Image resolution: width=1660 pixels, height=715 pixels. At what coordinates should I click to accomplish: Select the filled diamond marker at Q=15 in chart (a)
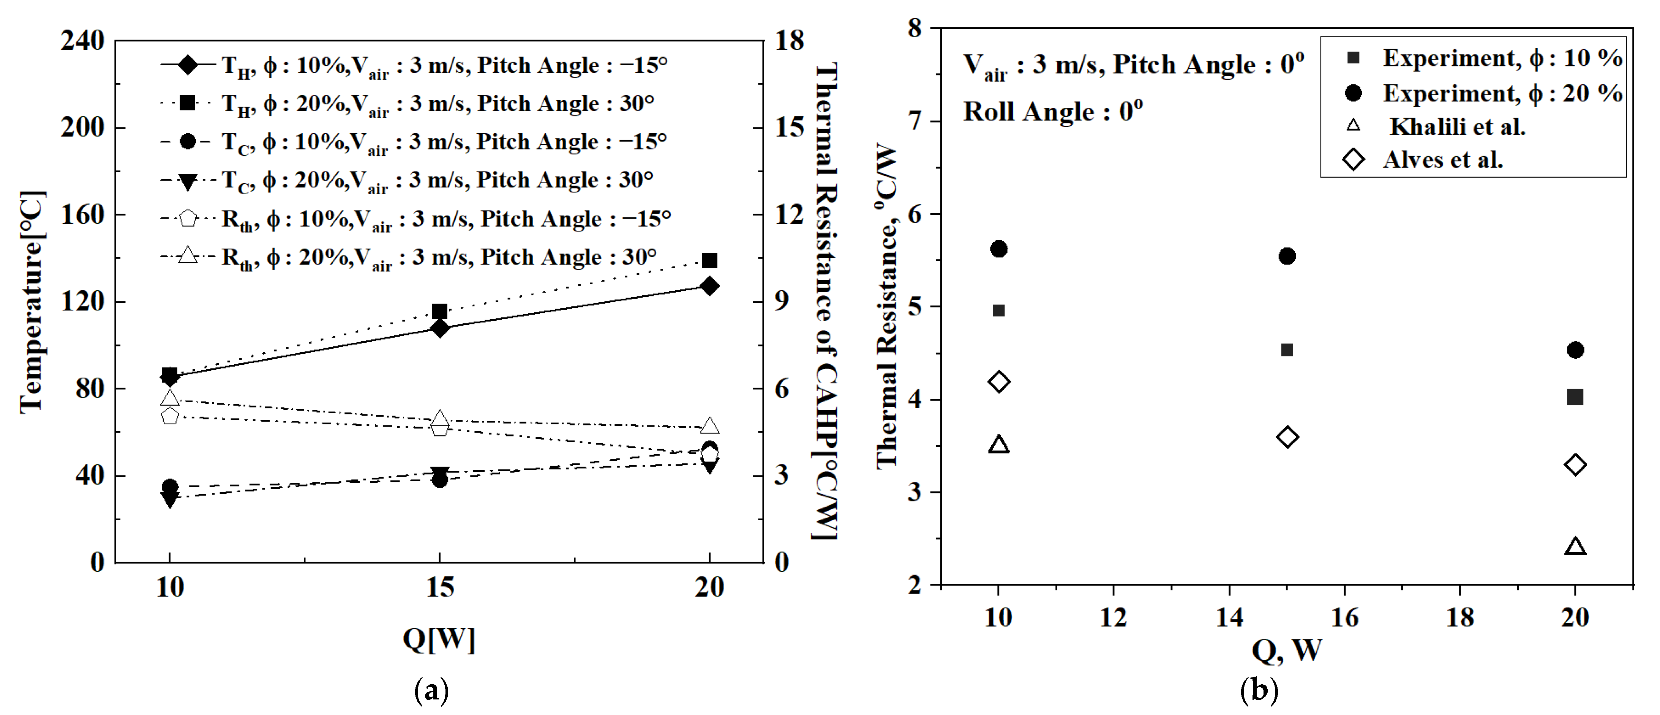[439, 329]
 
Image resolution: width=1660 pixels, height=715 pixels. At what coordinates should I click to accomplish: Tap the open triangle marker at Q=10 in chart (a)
[169, 397]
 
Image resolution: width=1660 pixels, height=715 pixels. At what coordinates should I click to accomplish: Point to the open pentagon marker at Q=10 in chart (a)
[169, 416]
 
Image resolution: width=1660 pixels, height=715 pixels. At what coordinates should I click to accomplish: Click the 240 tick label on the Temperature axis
[82, 41]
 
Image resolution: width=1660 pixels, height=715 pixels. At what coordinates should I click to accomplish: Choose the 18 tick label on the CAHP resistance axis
[790, 41]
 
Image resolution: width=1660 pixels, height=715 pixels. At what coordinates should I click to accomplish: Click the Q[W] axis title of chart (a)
[439, 639]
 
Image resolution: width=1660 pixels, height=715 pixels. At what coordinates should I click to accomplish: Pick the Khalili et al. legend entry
[1456, 127]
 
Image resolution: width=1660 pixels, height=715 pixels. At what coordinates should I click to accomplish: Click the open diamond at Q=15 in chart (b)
[1287, 437]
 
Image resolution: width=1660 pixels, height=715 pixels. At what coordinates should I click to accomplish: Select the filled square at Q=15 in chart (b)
[1287, 350]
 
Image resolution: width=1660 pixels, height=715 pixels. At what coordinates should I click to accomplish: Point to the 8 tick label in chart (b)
[915, 28]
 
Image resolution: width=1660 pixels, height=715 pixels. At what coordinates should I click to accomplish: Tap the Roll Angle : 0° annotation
[1052, 112]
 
